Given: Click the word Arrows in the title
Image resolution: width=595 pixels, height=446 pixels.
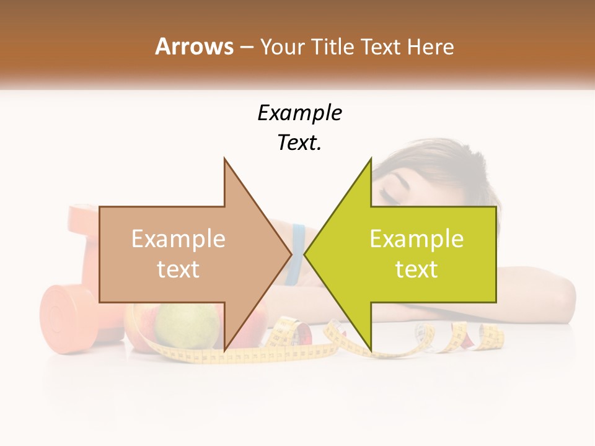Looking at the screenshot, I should point(194,46).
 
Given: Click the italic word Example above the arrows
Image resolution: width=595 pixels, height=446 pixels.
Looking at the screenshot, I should point(299,113).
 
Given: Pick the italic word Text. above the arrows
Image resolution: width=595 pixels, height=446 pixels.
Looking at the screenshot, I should point(299,142).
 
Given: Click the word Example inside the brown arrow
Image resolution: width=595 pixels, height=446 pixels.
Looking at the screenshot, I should point(178,239).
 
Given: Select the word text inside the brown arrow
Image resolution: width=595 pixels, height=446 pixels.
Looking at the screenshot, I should point(178,269).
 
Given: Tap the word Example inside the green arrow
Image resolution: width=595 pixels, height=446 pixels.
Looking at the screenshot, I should point(416,239).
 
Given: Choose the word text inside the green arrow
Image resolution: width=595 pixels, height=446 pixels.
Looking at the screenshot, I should point(416,269).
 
